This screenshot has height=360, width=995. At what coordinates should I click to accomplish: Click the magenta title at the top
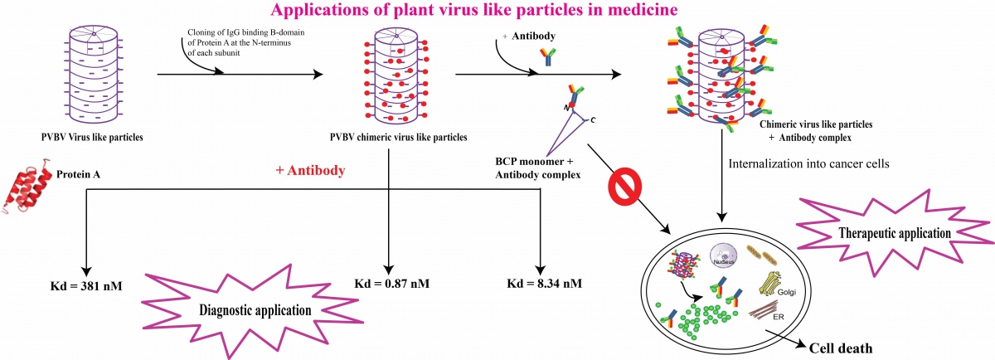tap(497, 11)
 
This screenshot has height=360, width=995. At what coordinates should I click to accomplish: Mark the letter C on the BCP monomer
tap(594, 120)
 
